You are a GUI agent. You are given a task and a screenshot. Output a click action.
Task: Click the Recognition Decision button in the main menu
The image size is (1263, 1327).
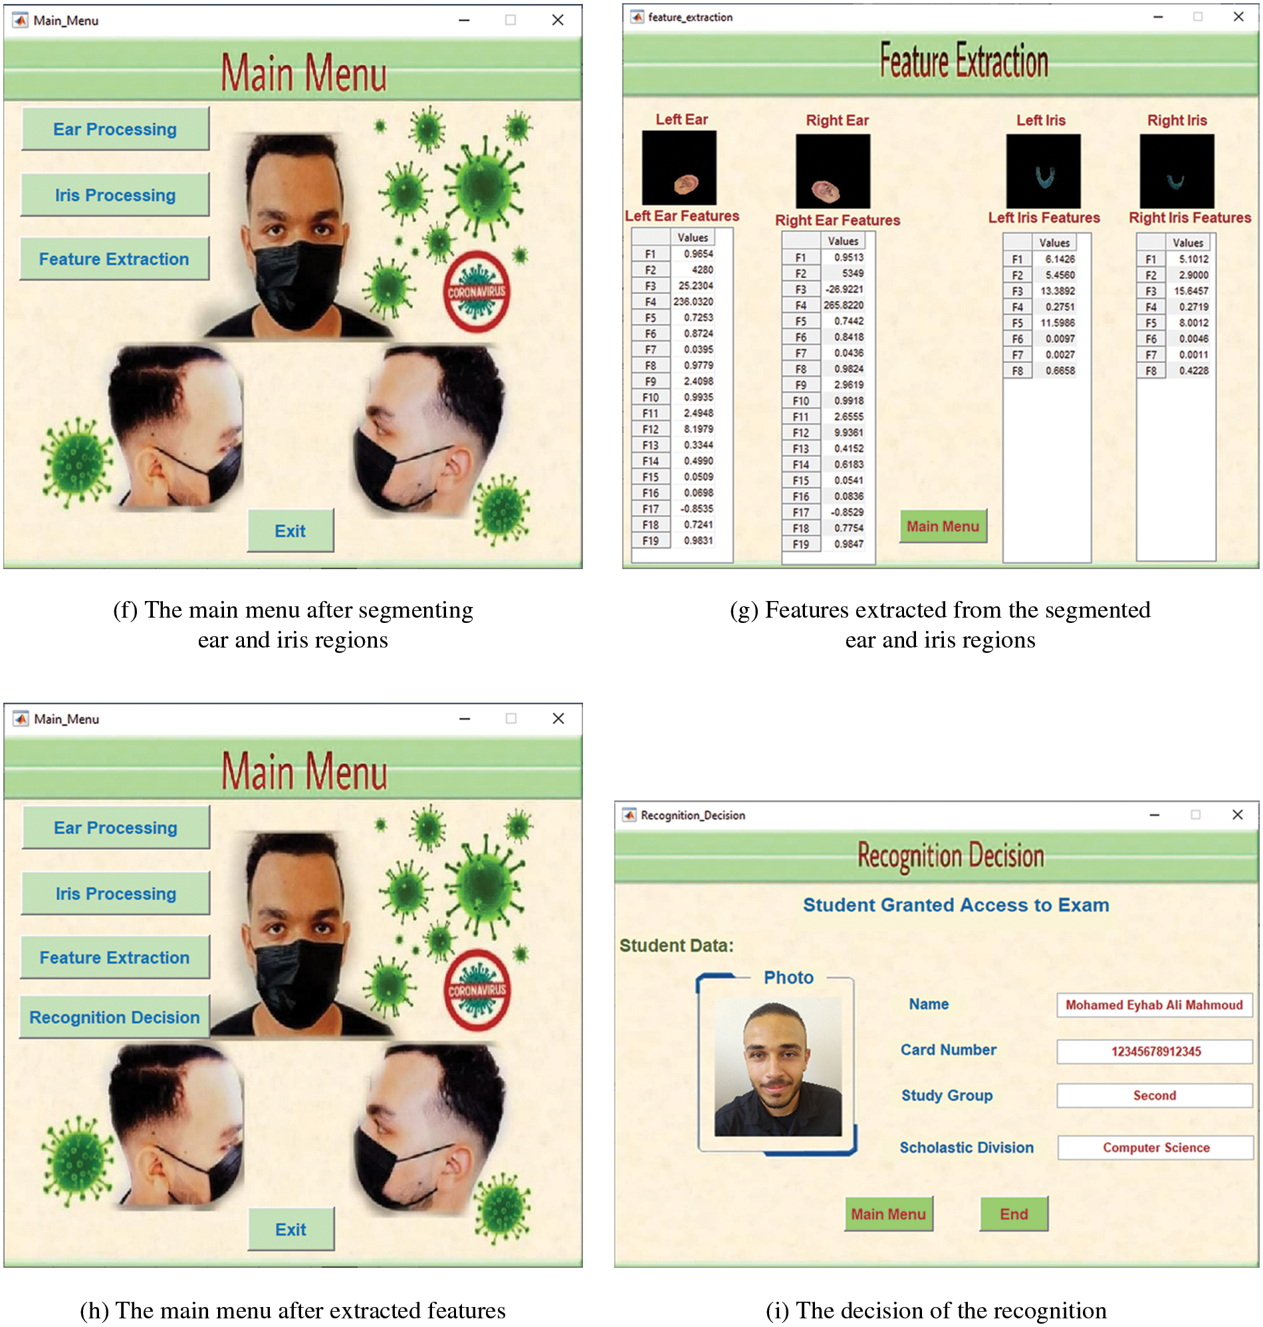pos(114,1017)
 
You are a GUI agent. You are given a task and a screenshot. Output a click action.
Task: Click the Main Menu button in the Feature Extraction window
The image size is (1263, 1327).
pos(943,527)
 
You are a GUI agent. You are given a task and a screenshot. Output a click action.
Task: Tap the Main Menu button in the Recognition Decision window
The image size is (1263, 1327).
pos(888,1214)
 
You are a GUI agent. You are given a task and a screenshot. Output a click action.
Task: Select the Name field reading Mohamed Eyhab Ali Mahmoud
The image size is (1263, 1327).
pos(1154,1005)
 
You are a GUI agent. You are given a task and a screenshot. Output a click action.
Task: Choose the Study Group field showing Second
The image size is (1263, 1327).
pos(1154,1096)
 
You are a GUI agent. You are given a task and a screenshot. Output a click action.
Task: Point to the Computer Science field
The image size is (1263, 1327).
pos(1155,1147)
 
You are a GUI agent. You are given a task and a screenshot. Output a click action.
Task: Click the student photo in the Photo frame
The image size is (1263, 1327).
pos(778,1067)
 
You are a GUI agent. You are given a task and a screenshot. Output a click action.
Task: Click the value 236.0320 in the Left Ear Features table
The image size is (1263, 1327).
pos(693,302)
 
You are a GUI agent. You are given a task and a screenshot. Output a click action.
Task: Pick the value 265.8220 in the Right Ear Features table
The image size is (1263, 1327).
pos(843,305)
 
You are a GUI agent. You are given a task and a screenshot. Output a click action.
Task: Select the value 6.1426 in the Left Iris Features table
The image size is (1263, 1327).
pos(1060,259)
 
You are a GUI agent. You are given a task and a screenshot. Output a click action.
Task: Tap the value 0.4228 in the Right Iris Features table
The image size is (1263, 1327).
pos(1193,370)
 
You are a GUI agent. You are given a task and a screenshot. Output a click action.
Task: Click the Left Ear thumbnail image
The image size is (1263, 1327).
pos(679,168)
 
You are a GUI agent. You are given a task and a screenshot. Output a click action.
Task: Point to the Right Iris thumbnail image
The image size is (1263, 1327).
pos(1177,171)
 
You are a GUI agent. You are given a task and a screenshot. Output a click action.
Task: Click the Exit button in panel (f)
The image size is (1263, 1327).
pos(290,531)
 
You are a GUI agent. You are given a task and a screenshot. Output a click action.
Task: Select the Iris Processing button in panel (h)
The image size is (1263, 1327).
pos(115,894)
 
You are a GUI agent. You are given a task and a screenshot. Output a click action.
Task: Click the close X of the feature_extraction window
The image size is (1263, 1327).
pos(1238,17)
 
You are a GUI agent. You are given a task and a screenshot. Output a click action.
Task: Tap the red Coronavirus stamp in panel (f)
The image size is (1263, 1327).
pos(477,291)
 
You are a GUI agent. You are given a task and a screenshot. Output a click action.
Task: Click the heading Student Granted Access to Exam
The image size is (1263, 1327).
pos(955,905)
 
